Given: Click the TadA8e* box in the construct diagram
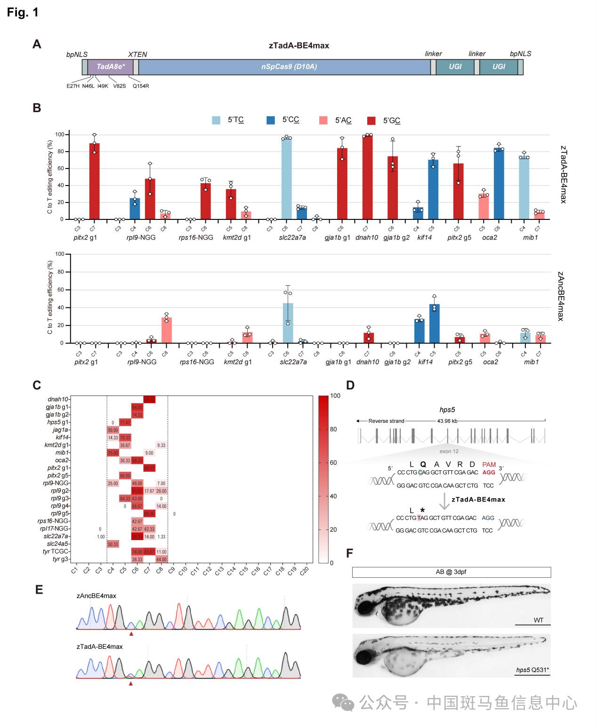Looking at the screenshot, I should (x=111, y=67).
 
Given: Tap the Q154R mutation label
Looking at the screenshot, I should (x=141, y=86).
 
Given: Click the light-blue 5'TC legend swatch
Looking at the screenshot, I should (x=216, y=120).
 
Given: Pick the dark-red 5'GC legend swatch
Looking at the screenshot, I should (x=371, y=121).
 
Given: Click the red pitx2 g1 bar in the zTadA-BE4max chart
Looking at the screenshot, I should (x=94, y=181).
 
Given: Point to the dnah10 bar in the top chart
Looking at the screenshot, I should (x=368, y=177).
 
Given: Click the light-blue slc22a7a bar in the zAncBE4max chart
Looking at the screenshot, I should (x=288, y=323).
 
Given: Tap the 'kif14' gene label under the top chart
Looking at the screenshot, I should (x=424, y=237).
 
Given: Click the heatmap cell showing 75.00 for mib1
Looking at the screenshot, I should (x=113, y=453).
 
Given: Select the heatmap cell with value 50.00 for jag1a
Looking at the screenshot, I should (x=113, y=430).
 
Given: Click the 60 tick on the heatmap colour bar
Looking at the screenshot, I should (x=333, y=463).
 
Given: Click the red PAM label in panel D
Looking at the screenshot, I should (x=489, y=465).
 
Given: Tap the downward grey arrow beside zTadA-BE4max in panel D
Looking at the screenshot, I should (x=444, y=501).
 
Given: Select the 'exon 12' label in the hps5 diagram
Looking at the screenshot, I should (x=449, y=451).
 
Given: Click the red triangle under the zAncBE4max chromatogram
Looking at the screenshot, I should (x=131, y=634).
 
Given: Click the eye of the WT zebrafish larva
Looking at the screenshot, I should (x=364, y=608).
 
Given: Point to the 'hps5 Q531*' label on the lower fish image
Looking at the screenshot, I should (x=532, y=670).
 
